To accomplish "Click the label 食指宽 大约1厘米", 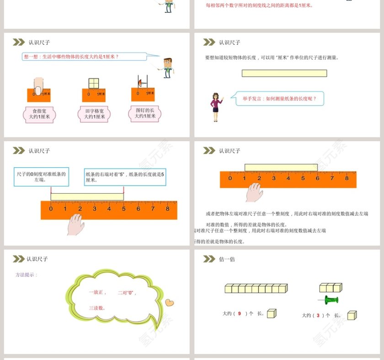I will [39, 113].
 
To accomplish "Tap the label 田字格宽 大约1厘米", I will [94, 113].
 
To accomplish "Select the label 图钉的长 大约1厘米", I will [145, 113].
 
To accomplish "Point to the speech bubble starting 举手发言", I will [279, 99].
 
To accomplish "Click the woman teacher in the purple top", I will [215, 107].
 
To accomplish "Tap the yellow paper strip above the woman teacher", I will [284, 73].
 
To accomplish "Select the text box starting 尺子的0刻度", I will [41, 176].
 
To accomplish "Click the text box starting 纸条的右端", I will [125, 176].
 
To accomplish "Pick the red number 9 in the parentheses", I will [240, 313].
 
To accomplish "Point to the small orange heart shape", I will [170, 302].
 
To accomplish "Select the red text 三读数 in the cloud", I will [97, 308].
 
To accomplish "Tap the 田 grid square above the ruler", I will [93, 83].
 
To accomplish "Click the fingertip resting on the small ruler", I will [38, 85].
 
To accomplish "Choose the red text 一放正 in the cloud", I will [97, 292].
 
